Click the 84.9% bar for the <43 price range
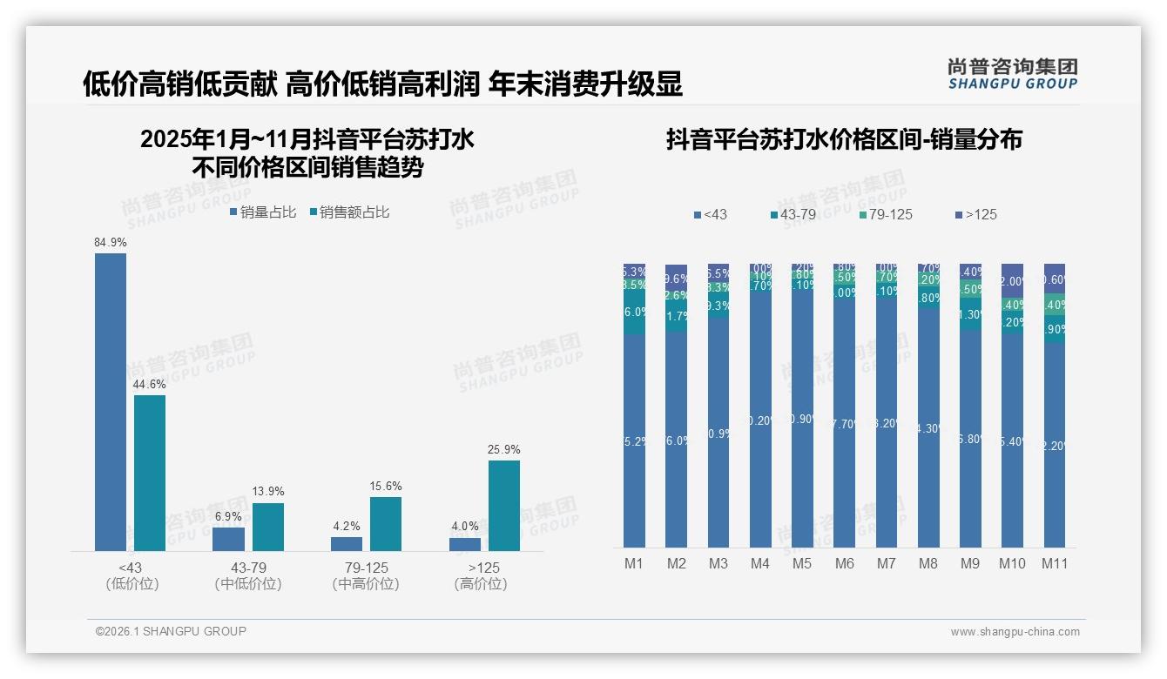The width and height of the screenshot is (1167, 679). pos(111,401)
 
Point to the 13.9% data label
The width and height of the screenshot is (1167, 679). pos(268,492)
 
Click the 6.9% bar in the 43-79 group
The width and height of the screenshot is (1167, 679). pos(228,539)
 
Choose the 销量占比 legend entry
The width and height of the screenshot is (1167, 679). pos(263,212)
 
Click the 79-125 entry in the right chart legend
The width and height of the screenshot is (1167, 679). pos(885,214)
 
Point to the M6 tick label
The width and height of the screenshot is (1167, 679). pos(844,563)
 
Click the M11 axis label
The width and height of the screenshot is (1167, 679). pos(1055,563)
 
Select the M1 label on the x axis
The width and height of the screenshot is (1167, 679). pos(634,563)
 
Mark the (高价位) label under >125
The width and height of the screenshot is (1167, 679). pos(481,584)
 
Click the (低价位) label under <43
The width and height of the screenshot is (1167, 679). pos(132,584)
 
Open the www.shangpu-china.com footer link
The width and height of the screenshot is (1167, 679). pos(1015,632)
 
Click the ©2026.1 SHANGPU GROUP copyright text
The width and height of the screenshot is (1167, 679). pos(171,631)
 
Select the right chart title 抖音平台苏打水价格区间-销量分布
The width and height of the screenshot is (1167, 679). pos(844,139)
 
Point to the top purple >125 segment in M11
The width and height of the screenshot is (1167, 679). pos(1055,278)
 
